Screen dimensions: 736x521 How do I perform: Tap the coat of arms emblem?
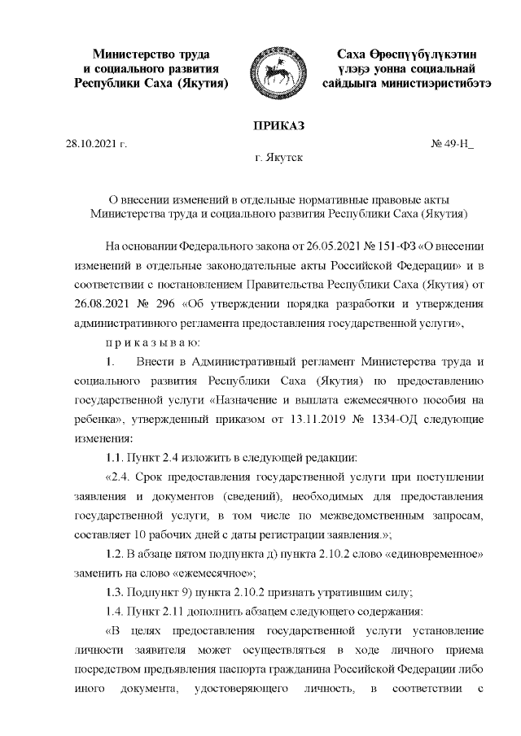point(274,69)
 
